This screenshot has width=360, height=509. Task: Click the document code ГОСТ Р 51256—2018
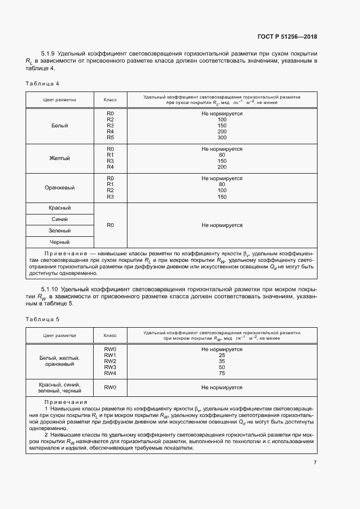point(286,37)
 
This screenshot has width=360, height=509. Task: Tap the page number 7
point(315,462)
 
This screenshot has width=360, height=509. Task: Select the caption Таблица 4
point(42,83)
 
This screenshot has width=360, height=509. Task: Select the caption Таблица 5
point(42,318)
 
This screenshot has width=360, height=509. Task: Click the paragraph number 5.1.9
point(50,54)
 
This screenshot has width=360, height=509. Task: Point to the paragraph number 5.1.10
point(51,288)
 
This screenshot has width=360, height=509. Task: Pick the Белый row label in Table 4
point(59,126)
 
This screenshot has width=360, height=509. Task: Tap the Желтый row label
point(59,158)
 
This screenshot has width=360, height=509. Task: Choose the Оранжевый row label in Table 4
point(59,187)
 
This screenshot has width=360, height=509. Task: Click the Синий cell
point(59,219)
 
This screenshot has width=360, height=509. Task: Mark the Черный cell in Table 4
point(59,242)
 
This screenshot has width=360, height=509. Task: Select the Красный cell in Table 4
point(59,208)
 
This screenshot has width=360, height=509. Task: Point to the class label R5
point(110,138)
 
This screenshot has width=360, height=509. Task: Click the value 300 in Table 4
point(222,138)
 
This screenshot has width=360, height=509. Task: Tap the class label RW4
point(110,373)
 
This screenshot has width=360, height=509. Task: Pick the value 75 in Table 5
point(222,373)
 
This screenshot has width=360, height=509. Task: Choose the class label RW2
point(110,361)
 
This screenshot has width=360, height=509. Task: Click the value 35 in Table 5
point(222,361)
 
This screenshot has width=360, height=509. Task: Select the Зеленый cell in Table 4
point(59,231)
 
